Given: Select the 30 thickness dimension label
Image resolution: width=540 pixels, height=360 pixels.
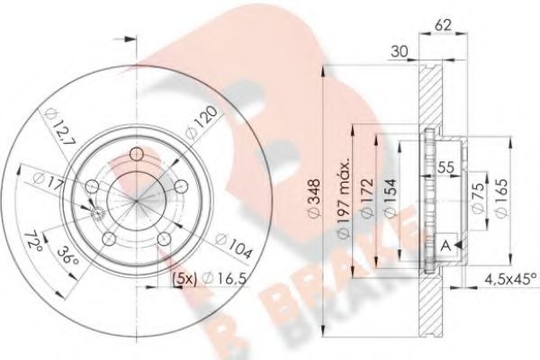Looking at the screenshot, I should point(399,52).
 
